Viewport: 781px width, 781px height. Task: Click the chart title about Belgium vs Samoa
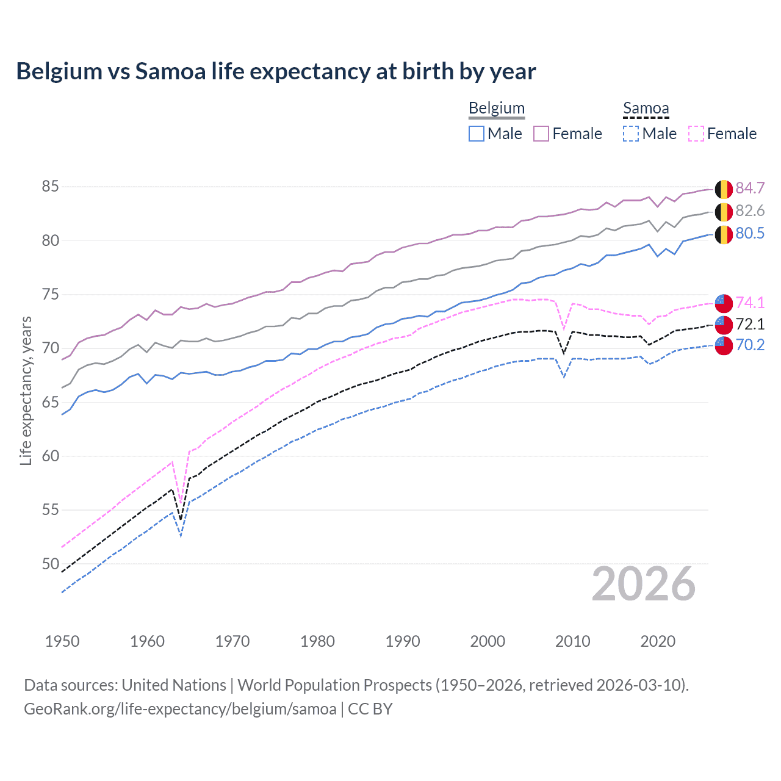pos(276,71)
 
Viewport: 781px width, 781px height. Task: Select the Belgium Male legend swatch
pos(477,134)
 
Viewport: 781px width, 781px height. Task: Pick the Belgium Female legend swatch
pos(541,134)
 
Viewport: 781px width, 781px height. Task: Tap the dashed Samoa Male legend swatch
pos(631,134)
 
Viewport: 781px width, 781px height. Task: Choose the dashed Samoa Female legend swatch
pos(696,134)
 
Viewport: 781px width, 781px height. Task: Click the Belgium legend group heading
pos(496,109)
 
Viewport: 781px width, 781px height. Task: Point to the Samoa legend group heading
pos(646,109)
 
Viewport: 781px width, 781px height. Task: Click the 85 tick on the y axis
pos(51,187)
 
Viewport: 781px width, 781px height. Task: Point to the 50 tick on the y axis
pos(51,564)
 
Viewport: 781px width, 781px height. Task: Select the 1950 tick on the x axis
pos(62,641)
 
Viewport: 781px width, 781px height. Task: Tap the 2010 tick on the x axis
pos(572,641)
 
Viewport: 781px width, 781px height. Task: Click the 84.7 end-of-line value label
pos(750,189)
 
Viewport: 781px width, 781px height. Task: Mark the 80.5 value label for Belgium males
pos(750,234)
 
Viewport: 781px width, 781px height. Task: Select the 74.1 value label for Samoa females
pos(750,303)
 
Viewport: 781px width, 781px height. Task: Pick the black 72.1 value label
pos(750,324)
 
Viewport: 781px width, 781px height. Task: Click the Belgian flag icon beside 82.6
pos(724,212)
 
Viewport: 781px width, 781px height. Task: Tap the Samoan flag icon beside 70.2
pos(724,345)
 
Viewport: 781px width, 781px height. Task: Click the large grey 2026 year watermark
pos(643,584)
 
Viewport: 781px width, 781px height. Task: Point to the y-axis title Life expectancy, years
pos(26,390)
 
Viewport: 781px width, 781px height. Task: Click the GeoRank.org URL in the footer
pos(180,709)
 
